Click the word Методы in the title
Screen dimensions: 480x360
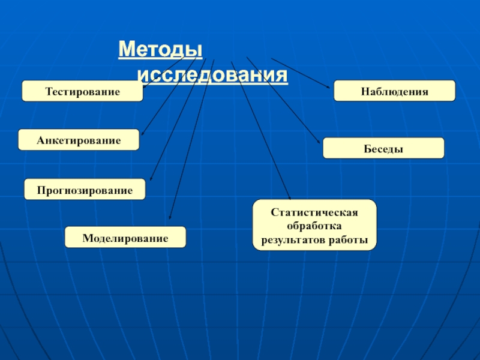160,49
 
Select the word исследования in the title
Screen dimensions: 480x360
212,76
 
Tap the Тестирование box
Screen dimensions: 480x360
83,91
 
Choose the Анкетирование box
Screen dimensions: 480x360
79,140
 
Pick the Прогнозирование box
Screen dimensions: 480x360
85,189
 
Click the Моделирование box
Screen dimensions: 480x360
125,238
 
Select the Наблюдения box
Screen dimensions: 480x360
394,91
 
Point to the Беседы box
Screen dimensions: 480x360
383,148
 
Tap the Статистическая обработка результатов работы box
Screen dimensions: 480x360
314,225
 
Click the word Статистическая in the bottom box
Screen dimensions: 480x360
314,212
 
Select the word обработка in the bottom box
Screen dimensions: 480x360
314,226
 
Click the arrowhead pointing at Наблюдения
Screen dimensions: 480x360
328,87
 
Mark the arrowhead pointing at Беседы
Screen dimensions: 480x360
319,142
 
